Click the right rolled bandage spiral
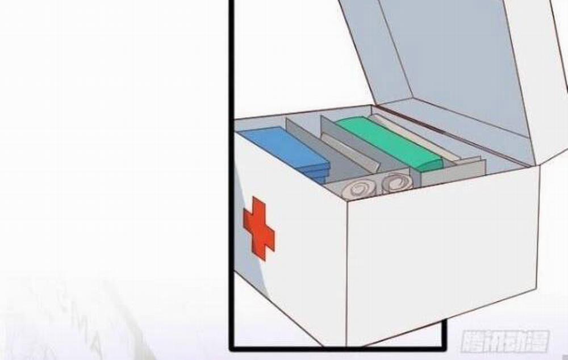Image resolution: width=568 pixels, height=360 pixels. click(x=395, y=183)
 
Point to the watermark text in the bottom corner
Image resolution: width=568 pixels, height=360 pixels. click(x=505, y=341)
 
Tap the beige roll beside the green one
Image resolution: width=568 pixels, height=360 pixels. click(x=417, y=136)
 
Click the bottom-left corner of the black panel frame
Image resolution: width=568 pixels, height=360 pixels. click(x=232, y=346)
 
